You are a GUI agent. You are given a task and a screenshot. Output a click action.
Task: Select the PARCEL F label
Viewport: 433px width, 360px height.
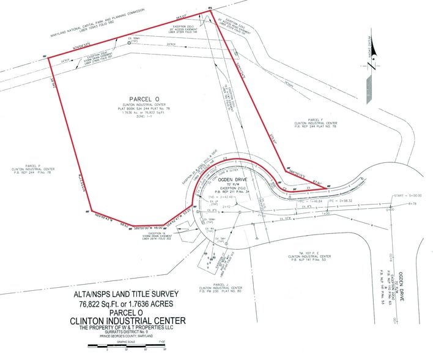click(314, 120)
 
